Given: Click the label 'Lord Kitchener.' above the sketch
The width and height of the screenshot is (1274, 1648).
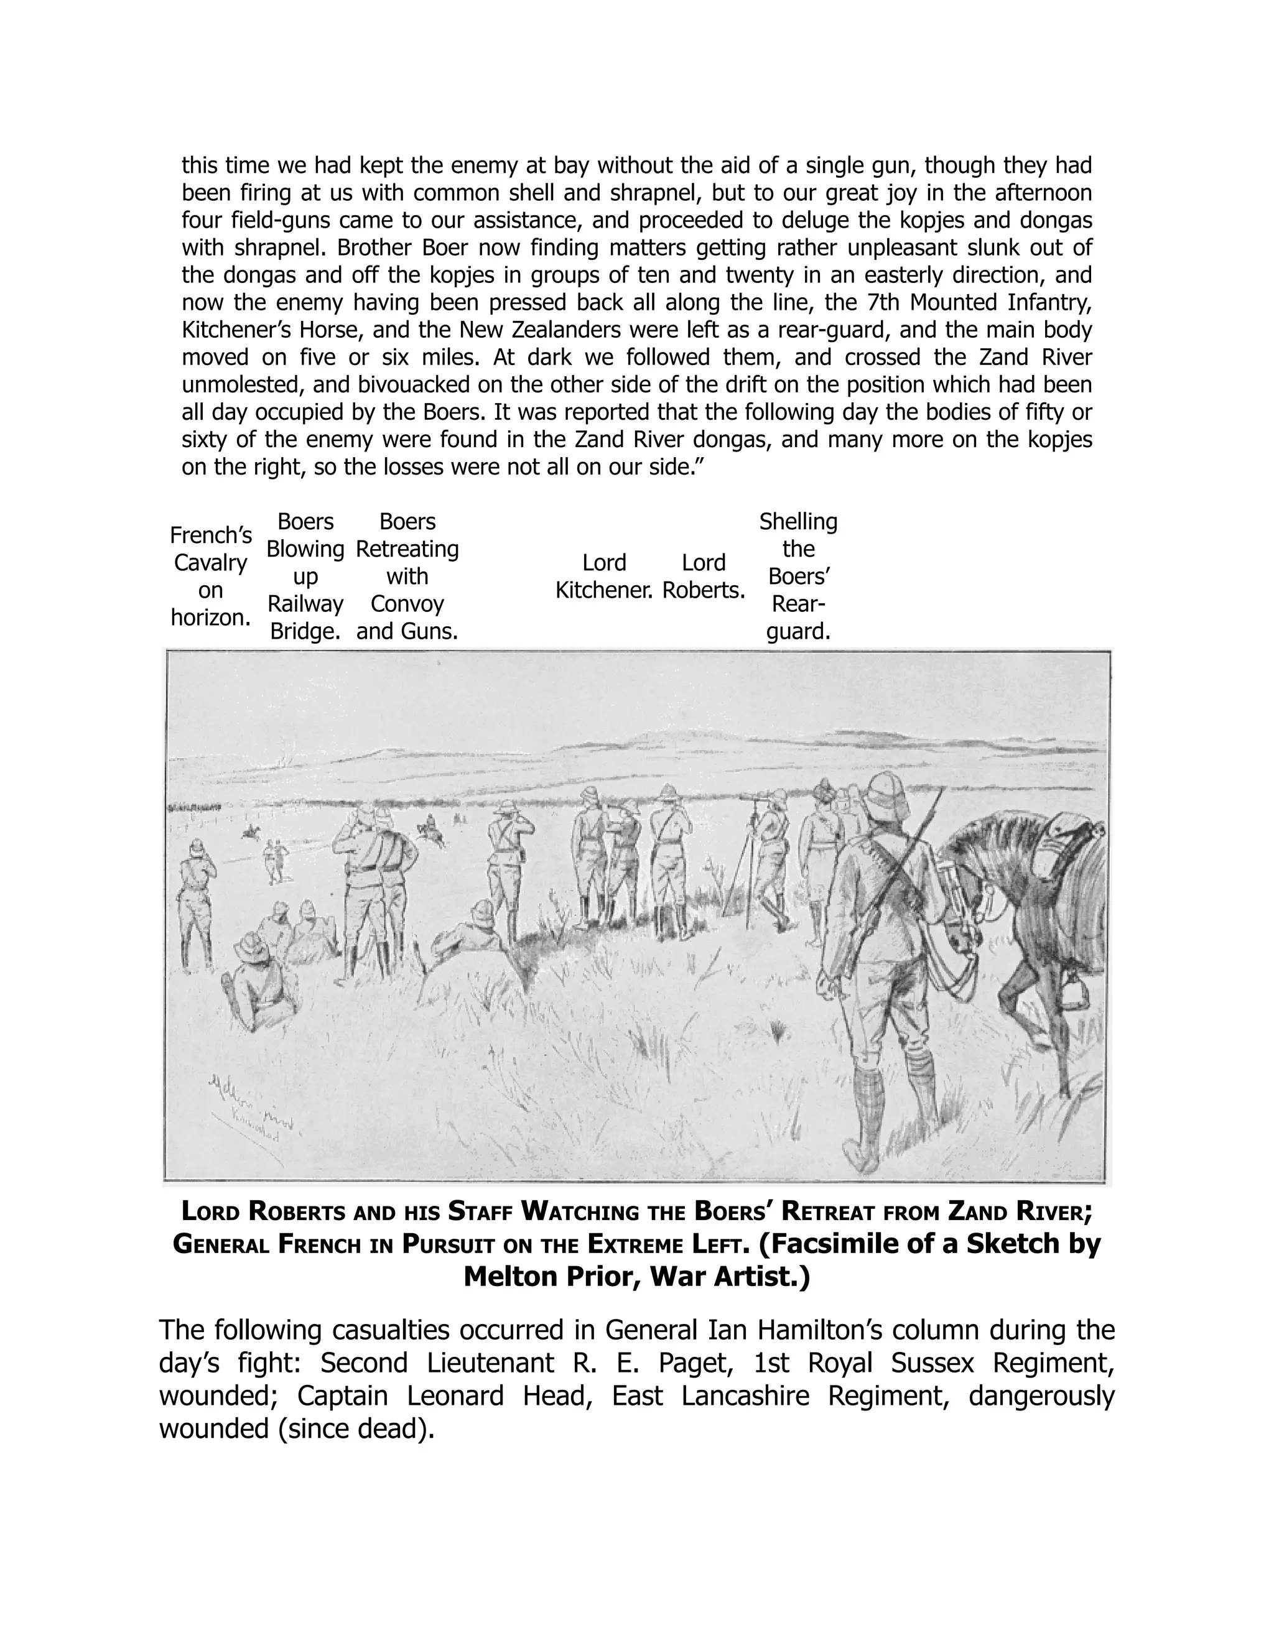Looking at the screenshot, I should [604, 576].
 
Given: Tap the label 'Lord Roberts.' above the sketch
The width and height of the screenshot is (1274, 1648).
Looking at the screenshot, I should [704, 576].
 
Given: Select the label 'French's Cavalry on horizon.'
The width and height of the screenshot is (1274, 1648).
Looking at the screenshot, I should [211, 576].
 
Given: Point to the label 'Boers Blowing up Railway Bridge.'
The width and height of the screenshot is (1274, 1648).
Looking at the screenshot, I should [305, 576].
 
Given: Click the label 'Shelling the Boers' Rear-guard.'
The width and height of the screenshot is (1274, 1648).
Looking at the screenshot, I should [797, 576].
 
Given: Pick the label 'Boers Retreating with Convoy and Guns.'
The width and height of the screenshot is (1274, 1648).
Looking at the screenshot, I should [407, 576].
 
